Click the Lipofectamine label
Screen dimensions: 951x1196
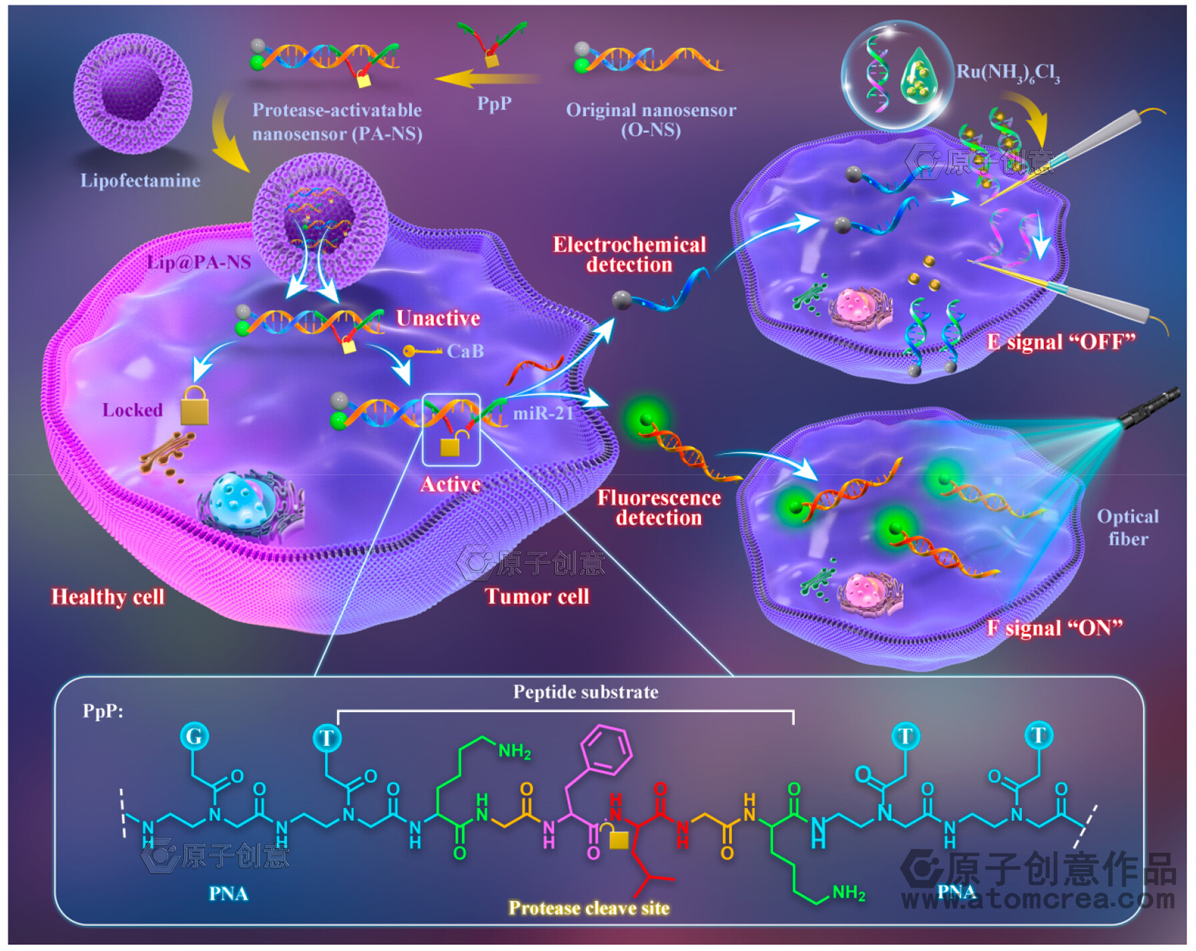(x=140, y=180)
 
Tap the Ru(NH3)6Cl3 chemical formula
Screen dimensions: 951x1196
(x=1008, y=72)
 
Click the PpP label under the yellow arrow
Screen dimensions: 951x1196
(x=494, y=103)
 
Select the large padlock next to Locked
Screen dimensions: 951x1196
(x=195, y=406)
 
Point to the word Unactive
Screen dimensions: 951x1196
(x=438, y=318)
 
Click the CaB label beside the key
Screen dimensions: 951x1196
(x=465, y=351)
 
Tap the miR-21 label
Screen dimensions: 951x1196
(x=543, y=414)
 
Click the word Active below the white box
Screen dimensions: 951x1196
(x=451, y=485)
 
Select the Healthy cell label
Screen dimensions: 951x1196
(x=108, y=597)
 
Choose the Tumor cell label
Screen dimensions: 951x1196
(x=537, y=597)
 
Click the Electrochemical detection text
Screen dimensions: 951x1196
(x=629, y=255)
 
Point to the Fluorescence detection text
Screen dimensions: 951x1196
(x=659, y=508)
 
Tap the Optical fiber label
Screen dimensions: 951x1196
(x=1128, y=527)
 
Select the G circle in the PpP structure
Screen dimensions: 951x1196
(x=194, y=736)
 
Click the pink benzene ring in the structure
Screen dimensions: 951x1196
(x=606, y=749)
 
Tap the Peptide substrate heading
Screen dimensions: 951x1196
(x=585, y=692)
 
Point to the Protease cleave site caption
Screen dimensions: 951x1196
(x=589, y=908)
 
